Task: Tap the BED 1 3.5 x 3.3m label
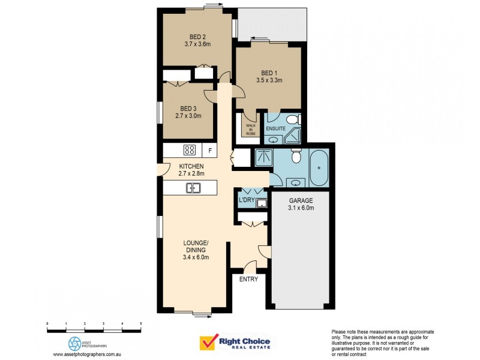coord(269,76)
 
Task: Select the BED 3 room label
coord(188,112)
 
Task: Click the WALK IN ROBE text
coord(250,129)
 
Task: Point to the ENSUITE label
coord(275,129)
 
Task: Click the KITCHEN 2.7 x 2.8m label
coord(191,170)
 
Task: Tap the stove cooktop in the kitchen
coord(190,151)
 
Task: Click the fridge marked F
coord(210,151)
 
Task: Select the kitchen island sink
coord(193,188)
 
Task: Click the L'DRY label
coord(246,199)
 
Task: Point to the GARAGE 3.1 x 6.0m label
coord(301,205)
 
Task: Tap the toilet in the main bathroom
coord(295,158)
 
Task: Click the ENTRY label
coord(248,280)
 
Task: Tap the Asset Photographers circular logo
coord(75,343)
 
